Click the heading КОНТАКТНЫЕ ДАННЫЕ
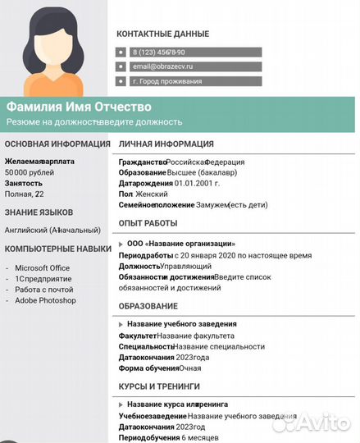[x=162, y=34]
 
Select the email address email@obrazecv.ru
[x=162, y=66]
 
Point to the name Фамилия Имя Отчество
[x=79, y=107]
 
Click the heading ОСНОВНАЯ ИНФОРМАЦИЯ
[x=57, y=144]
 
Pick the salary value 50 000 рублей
[x=30, y=173]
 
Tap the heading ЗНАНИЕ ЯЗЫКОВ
[x=39, y=212]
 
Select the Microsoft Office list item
[x=43, y=267]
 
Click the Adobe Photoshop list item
[x=45, y=300]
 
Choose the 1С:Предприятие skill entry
[x=43, y=279]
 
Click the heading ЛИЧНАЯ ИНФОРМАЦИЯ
[x=166, y=144]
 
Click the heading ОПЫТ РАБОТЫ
[x=148, y=223]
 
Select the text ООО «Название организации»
[x=180, y=244]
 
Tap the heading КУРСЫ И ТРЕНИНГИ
[x=159, y=385]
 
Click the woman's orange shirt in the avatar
[x=53, y=84]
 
